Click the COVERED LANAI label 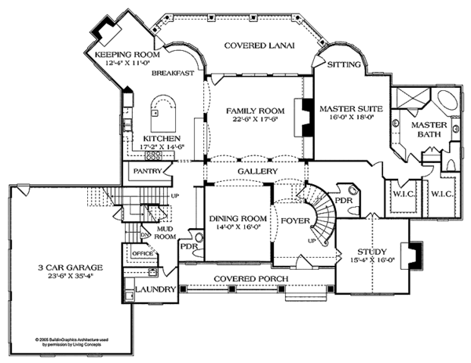258,46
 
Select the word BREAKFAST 173,73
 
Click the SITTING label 344,64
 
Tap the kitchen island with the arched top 162,114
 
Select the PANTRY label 148,169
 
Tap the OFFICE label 141,254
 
